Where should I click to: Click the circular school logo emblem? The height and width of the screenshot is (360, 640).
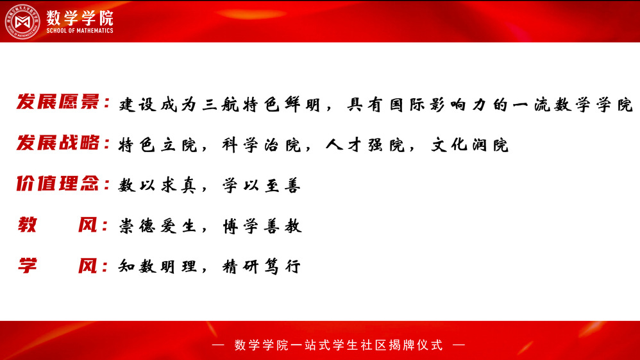(22, 22)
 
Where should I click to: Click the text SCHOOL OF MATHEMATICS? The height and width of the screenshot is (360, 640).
(80, 31)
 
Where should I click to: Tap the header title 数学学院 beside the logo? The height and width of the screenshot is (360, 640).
(80, 17)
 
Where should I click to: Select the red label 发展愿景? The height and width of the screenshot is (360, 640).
(58, 102)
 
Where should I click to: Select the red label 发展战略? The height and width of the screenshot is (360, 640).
(58, 142)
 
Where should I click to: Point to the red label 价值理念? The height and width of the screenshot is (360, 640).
(58, 184)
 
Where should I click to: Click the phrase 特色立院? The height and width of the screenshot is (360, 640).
(158, 145)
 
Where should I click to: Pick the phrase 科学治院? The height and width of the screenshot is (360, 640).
(261, 145)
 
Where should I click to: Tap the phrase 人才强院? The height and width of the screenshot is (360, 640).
(365, 145)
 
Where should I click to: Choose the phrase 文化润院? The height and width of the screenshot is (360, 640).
(469, 145)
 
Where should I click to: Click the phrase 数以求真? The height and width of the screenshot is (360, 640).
(158, 185)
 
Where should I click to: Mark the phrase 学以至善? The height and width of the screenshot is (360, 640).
(261, 185)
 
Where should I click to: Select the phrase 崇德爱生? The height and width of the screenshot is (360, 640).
(158, 226)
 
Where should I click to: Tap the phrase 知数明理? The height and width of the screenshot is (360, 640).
(158, 266)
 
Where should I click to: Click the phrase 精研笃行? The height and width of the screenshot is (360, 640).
(261, 266)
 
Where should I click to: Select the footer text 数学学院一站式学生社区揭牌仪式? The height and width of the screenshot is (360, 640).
(339, 345)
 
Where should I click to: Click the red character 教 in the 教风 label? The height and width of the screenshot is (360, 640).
(28, 225)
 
